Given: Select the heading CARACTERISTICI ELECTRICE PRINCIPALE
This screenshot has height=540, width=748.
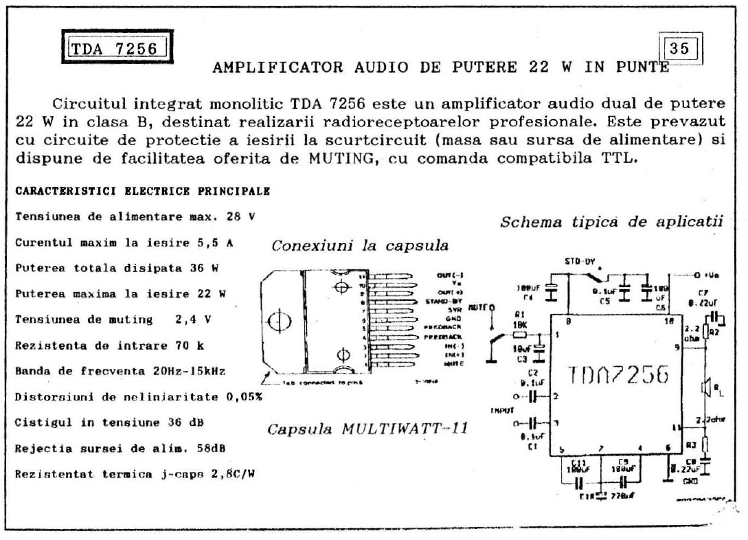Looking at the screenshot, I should [142, 191].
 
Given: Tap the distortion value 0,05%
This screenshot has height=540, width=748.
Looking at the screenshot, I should [244, 397].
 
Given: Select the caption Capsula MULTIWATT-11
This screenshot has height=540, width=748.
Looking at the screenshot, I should [367, 429].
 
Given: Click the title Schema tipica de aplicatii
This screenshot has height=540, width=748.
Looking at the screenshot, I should [613, 222].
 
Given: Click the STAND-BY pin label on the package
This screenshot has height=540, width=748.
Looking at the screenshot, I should [442, 300].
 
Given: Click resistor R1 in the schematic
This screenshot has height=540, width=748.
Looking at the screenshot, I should [520, 335].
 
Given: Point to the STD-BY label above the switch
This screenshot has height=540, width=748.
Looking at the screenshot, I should [578, 262].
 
